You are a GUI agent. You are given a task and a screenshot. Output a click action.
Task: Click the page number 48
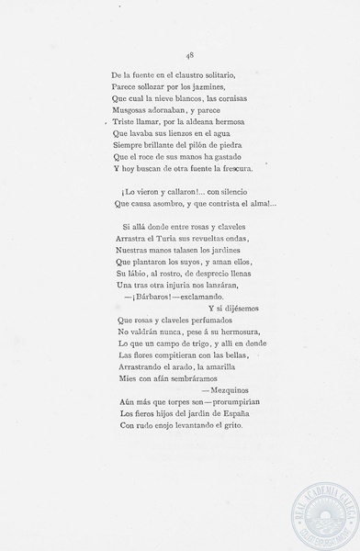coord(187,54)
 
